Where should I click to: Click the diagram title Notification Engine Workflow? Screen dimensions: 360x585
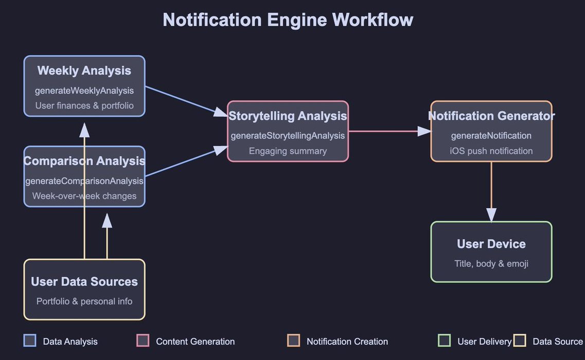[288, 20]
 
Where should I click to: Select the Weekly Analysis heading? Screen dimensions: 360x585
[84, 71]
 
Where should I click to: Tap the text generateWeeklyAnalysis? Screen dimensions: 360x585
[84, 91]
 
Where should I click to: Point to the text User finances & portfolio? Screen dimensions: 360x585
[84, 105]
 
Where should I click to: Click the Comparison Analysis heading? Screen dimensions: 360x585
[84, 161]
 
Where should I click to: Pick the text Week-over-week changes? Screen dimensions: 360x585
[84, 196]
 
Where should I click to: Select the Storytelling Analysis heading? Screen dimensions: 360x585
[288, 116]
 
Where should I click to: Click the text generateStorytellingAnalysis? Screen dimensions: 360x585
[288, 136]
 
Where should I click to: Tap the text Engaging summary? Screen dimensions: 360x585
[288, 151]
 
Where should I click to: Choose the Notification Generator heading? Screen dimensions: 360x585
[491, 116]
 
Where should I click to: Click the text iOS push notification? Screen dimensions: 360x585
[491, 151]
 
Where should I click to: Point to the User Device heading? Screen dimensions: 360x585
[491, 244]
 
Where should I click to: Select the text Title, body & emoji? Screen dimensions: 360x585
[491, 264]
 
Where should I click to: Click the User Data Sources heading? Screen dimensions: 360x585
[84, 281]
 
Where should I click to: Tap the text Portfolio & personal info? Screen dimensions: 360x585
[84, 301]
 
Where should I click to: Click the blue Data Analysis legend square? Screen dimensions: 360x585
[30, 340]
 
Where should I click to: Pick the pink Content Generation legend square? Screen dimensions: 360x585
[143, 340]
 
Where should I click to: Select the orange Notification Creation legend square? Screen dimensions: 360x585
[293, 340]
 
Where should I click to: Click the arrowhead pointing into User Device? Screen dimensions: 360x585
[491, 215]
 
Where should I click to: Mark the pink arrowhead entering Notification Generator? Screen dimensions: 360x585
[424, 131]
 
